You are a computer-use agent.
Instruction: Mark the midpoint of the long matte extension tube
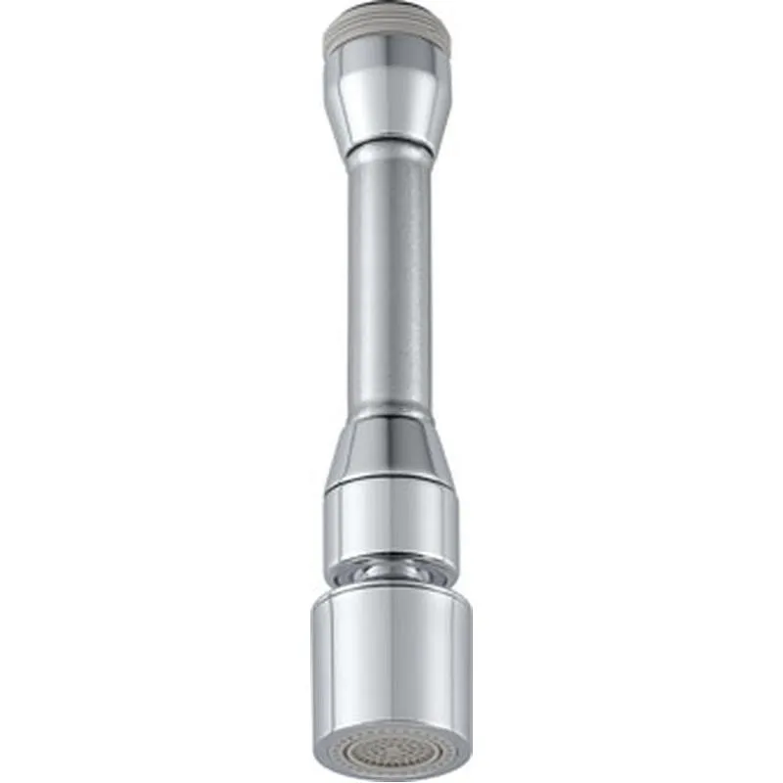click(390, 284)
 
